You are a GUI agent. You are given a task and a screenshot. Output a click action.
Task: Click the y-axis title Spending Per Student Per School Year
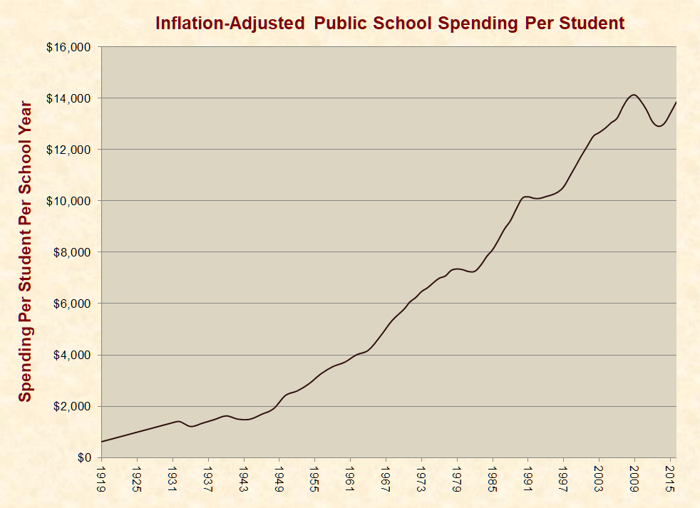[x=26, y=252]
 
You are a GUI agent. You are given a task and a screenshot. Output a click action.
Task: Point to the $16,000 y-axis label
[x=70, y=47]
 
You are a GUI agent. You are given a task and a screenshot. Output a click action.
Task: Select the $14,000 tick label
[x=70, y=98]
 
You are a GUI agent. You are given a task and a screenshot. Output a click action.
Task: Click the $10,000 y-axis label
[x=70, y=201]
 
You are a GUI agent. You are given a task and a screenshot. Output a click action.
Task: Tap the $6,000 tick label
[x=73, y=304]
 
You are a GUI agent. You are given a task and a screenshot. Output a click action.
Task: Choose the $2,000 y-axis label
[x=73, y=406]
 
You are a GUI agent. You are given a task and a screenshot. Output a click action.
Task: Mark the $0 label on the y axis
[x=84, y=457]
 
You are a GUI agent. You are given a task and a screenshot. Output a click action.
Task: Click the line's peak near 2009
[x=634, y=95]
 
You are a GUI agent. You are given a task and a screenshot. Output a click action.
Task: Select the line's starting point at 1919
[x=102, y=442]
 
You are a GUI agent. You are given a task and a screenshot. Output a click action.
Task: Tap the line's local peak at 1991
[x=527, y=197]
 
